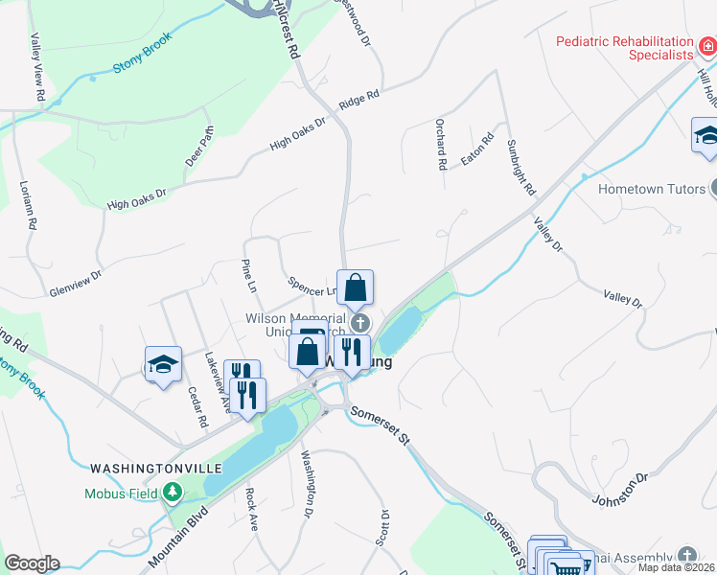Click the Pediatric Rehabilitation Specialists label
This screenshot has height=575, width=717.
point(627,48)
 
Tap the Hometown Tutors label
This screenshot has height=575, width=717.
point(651,189)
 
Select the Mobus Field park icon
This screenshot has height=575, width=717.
point(173,494)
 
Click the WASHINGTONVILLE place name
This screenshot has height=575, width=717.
point(156,468)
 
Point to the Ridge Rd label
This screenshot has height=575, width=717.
point(359,99)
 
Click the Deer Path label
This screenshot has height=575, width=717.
point(200,145)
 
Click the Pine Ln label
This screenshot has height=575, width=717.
point(249,274)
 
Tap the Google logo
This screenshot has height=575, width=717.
point(32,563)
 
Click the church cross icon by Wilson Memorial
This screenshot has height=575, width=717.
point(360,322)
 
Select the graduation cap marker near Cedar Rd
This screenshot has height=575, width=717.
point(163,365)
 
